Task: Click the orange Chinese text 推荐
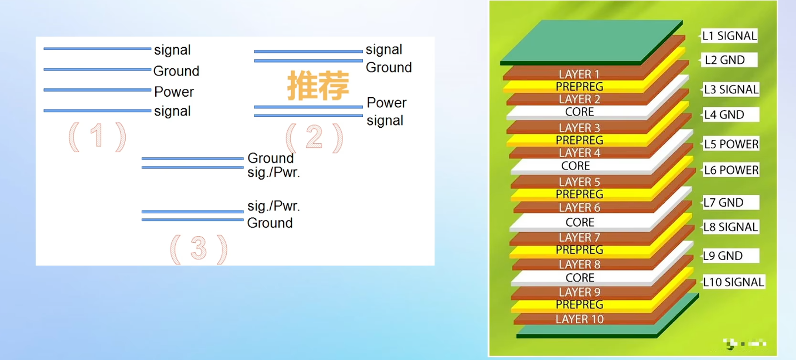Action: coord(318,86)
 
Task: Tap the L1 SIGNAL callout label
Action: coord(729,36)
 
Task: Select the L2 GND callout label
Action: coord(725,60)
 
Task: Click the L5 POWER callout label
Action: coord(731,144)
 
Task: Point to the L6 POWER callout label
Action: coord(731,170)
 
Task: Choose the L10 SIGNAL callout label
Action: coord(734,282)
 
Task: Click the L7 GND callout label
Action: coord(724,202)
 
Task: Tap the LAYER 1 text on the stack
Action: coord(579,74)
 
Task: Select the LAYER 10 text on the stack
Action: coord(579,319)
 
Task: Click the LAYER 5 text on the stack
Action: coord(579,182)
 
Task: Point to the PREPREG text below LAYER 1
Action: coord(579,87)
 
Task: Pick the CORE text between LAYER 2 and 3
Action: coord(579,112)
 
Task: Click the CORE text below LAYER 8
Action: coord(580,278)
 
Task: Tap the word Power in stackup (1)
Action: coord(174,92)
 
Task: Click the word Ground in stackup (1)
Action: coord(176,71)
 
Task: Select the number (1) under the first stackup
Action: coord(97,137)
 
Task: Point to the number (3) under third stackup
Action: coord(198,249)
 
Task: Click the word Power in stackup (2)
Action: coord(386,103)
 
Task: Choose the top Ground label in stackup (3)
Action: coord(270,158)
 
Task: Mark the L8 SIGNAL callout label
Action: coord(730,227)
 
